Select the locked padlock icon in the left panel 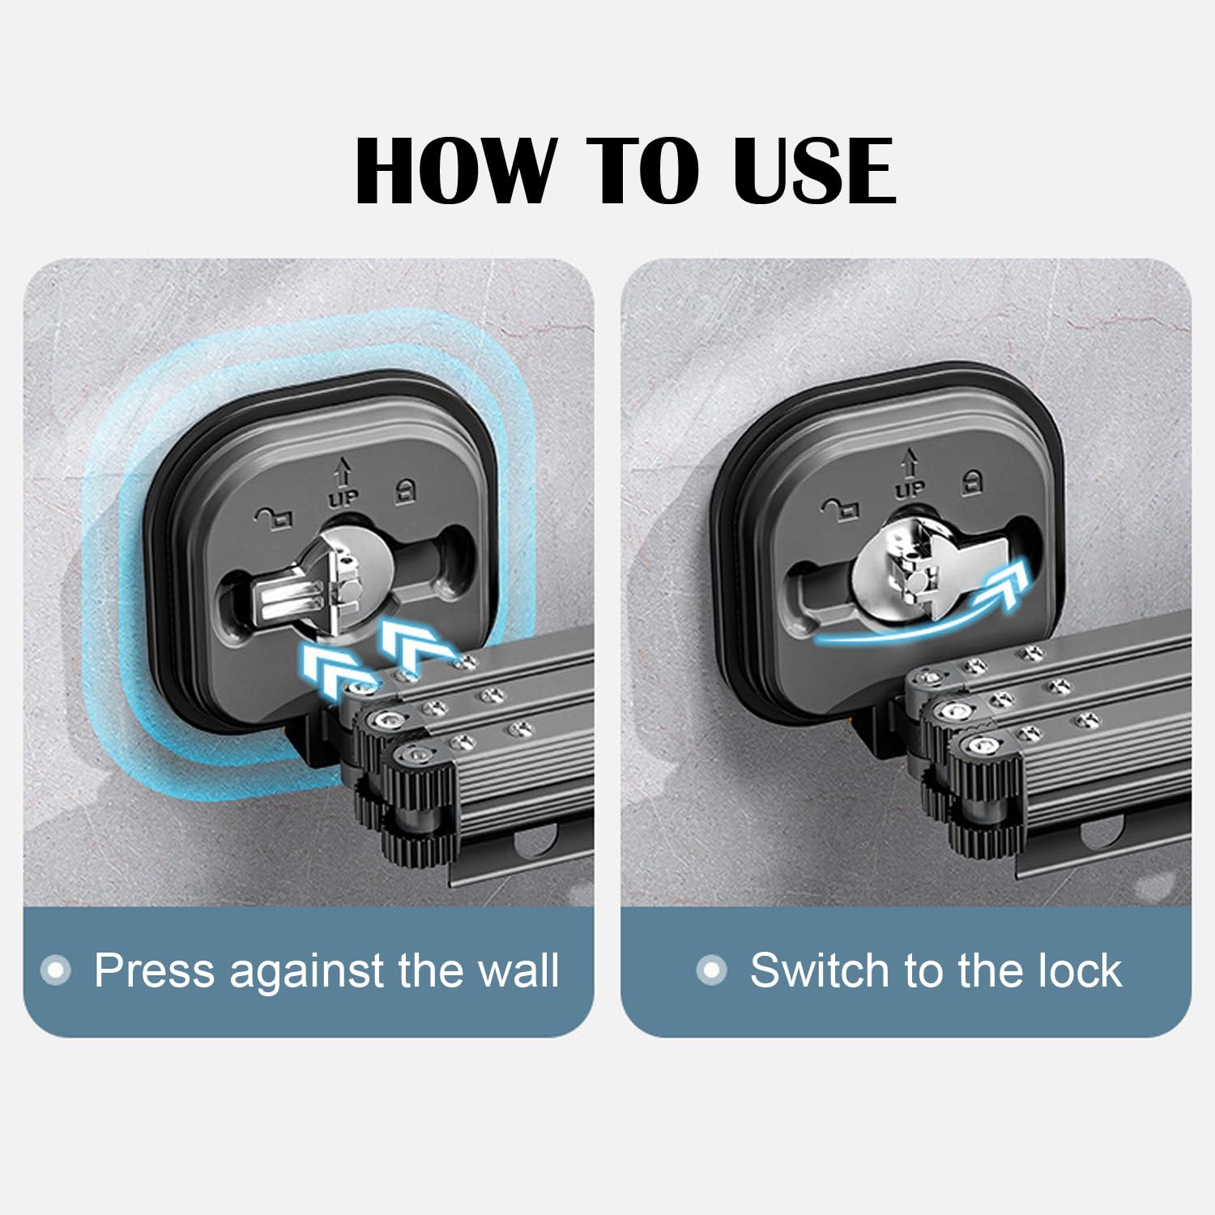pos(405,491)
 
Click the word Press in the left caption pos(154,970)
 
